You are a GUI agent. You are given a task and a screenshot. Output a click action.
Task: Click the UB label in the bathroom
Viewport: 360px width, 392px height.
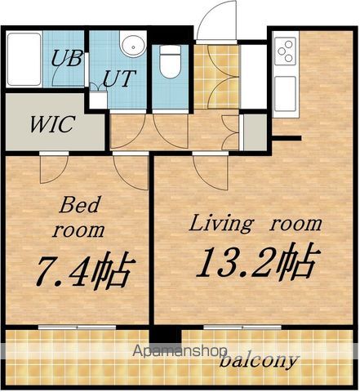pos(67,58)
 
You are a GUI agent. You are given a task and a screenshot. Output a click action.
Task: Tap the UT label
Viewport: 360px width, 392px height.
pos(118,78)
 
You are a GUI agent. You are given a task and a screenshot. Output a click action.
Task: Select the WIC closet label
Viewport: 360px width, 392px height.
pos(52,124)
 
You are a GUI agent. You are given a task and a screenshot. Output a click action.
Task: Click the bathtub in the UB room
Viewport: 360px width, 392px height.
pos(24,60)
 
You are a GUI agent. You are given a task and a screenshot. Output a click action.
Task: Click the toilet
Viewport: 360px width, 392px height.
pos(171,62)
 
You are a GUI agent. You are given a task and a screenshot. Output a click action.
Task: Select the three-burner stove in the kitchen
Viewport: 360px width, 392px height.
pos(285,51)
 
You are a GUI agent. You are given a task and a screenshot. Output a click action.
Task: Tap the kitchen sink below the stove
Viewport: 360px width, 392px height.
pos(285,94)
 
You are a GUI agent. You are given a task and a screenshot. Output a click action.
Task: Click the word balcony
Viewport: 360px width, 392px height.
pos(258,361)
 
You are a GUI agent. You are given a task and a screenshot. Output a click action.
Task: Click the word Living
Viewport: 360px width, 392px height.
pos(220,224)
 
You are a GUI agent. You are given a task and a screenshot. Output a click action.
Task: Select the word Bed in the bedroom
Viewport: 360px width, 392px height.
pos(80,205)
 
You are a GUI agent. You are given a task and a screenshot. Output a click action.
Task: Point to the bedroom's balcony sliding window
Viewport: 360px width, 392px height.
pos(78,327)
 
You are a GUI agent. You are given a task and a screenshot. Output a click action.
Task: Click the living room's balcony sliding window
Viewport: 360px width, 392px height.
pos(242,327)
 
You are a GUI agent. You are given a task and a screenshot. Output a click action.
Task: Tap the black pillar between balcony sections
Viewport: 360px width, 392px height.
pos(166,337)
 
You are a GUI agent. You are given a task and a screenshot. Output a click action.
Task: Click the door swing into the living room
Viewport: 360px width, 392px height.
pos(211,171)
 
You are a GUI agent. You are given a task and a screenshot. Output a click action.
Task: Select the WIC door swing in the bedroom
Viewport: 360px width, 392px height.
pos(54,169)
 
